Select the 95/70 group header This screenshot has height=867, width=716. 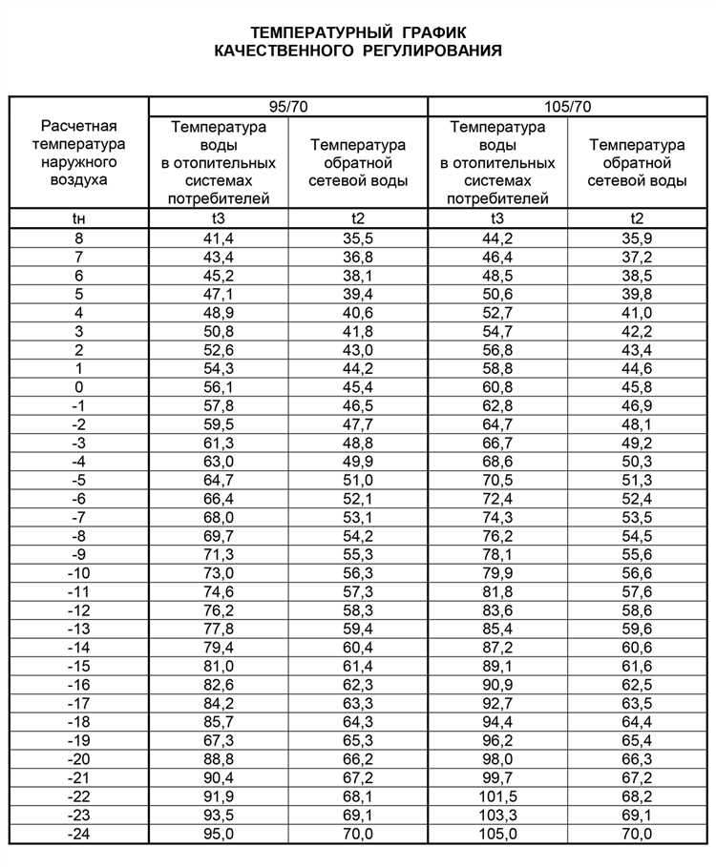tap(288, 106)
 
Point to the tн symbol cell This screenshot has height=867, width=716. tap(79, 219)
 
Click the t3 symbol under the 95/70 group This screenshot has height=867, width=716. tap(219, 219)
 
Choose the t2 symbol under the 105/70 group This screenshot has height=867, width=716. tap(637, 219)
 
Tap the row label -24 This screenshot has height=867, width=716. tap(79, 834)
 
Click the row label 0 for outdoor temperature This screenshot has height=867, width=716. tap(79, 387)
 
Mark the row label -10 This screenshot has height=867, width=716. tap(79, 573)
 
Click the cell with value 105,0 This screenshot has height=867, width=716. tap(497, 834)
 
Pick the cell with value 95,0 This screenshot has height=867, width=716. tap(219, 834)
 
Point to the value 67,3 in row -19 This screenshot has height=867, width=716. tap(219, 740)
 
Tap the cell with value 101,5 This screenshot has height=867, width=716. tap(497, 796)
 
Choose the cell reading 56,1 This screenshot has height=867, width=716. tap(219, 387)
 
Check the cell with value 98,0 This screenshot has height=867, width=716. tap(497, 759)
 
